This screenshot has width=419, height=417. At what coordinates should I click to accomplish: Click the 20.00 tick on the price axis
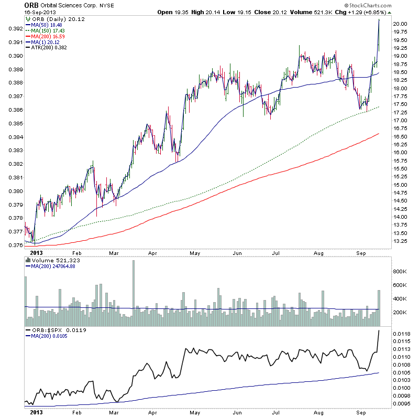[402, 24]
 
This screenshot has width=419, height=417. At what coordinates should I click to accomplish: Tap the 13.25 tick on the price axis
[402, 241]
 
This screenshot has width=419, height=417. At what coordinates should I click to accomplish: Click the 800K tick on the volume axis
[402, 272]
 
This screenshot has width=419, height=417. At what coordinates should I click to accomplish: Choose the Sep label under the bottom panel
[361, 413]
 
